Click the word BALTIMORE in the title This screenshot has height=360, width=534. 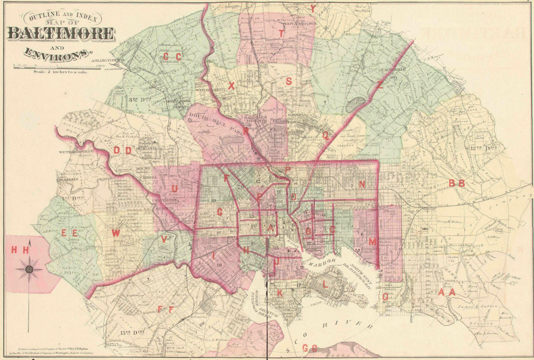(60, 33)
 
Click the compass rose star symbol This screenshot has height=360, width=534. (29, 269)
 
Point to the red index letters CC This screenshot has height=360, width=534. (172, 57)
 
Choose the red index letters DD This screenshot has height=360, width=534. (122, 151)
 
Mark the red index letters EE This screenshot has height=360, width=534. (69, 233)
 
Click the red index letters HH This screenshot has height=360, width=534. (20, 250)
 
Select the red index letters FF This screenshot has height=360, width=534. (166, 309)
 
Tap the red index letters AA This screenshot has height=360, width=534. (447, 292)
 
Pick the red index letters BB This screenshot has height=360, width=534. (457, 183)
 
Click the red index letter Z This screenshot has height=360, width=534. (380, 85)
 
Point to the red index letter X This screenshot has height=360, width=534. (231, 86)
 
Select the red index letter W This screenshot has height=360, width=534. (116, 233)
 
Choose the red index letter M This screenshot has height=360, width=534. (372, 242)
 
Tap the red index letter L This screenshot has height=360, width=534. (325, 285)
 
